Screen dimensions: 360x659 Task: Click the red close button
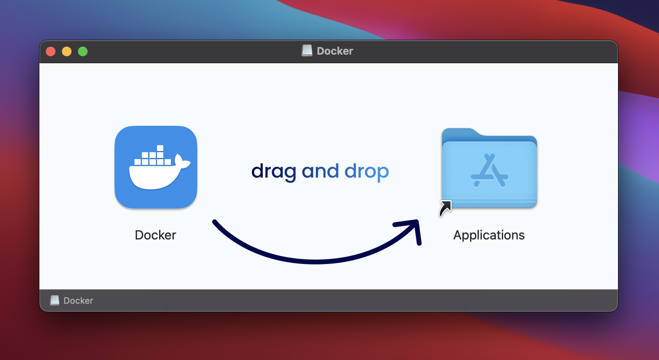pyautogui.click(x=51, y=51)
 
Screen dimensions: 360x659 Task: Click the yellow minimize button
pyautogui.click(x=67, y=51)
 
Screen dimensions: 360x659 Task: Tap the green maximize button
pyautogui.click(x=83, y=51)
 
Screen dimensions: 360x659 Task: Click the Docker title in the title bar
pyautogui.click(x=335, y=51)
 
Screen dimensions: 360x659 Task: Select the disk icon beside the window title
pyautogui.click(x=307, y=51)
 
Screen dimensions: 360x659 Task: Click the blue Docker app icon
pyautogui.click(x=156, y=167)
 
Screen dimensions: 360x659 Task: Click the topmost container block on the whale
pyautogui.click(x=160, y=148)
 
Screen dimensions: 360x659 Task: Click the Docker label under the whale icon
pyautogui.click(x=156, y=235)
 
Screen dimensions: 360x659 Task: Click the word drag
pyautogui.click(x=274, y=172)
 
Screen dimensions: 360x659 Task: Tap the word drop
pyautogui.click(x=366, y=172)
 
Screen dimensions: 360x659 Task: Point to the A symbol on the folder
pyautogui.click(x=489, y=171)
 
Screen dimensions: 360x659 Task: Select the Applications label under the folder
pyautogui.click(x=489, y=235)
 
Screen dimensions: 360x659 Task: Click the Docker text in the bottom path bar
pyautogui.click(x=78, y=301)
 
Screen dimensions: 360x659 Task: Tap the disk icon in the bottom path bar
pyautogui.click(x=55, y=301)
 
